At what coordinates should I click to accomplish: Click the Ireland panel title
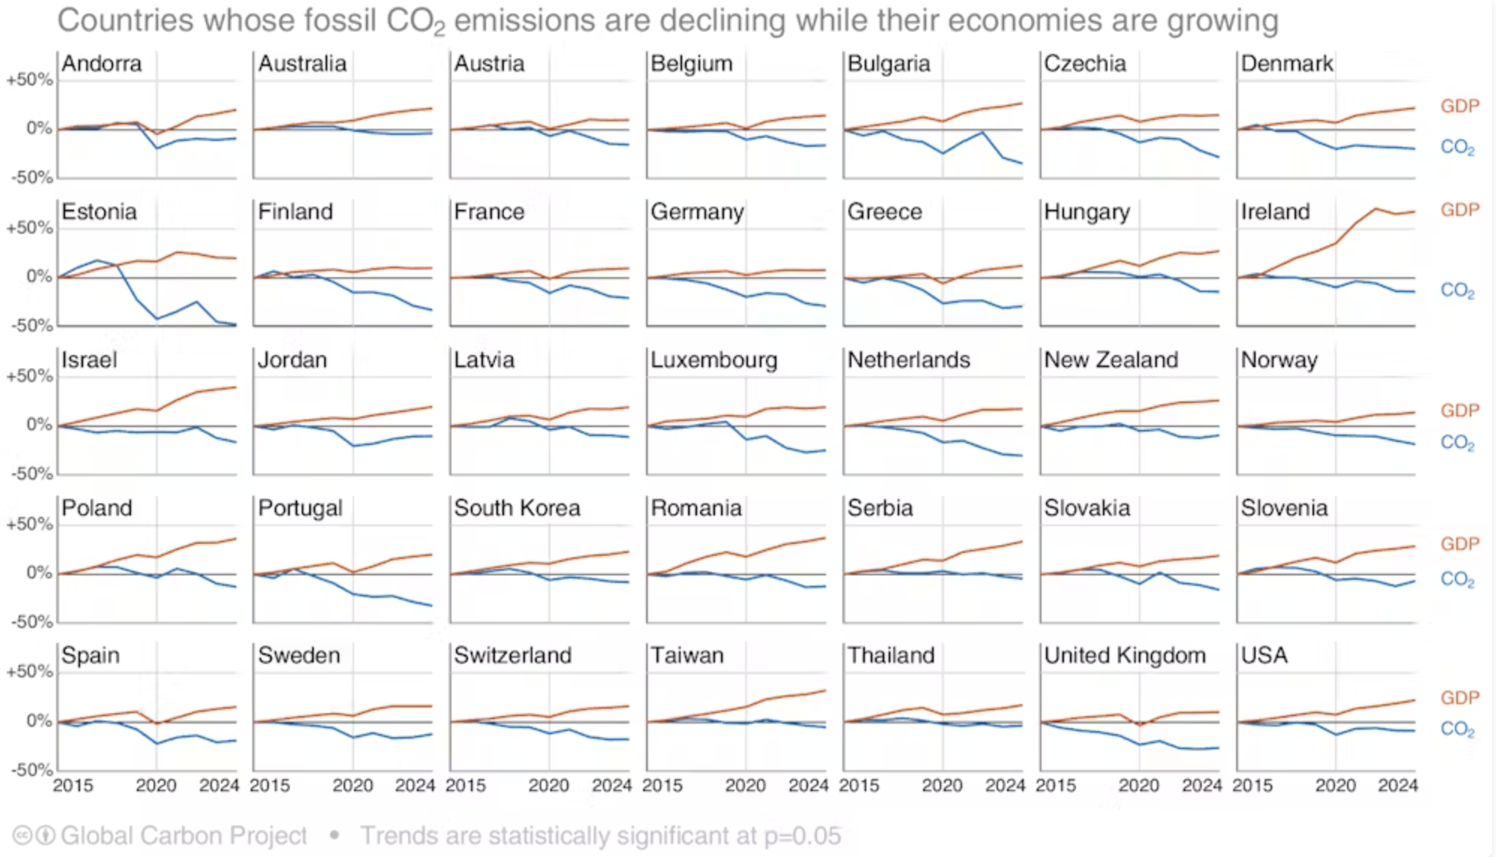1275,212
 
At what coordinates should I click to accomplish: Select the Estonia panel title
99,212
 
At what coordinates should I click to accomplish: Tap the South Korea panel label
517,508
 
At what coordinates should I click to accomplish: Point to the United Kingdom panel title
1125,655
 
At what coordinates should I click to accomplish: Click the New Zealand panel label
1110,360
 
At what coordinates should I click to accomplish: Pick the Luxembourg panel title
714,360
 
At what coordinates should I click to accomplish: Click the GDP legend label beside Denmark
1459,106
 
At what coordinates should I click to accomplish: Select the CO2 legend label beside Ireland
1457,291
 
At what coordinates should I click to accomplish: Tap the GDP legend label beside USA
1459,697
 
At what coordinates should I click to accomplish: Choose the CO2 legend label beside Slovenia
1457,579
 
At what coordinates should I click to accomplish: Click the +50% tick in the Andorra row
30,79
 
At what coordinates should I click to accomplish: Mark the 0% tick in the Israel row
39,425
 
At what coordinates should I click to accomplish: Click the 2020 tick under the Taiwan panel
745,786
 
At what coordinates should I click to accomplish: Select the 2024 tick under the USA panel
1398,786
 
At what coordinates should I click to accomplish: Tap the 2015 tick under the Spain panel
73,786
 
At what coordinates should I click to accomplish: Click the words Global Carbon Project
183,835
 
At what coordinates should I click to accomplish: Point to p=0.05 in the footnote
802,835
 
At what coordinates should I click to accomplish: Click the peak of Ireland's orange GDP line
1375,208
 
